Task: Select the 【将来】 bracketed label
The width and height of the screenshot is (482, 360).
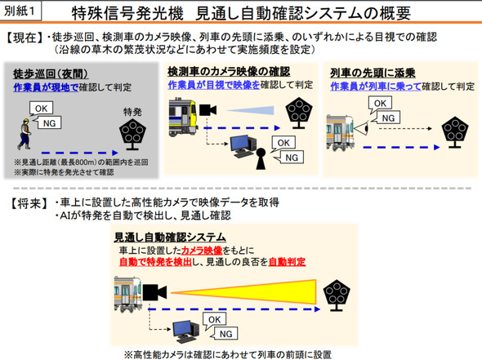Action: tap(25, 202)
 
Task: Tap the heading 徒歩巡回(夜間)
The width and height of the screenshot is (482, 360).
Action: tap(44, 74)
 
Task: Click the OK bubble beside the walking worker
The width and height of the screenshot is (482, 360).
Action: tap(42, 107)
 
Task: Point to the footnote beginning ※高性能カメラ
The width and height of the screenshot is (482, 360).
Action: tap(227, 353)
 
